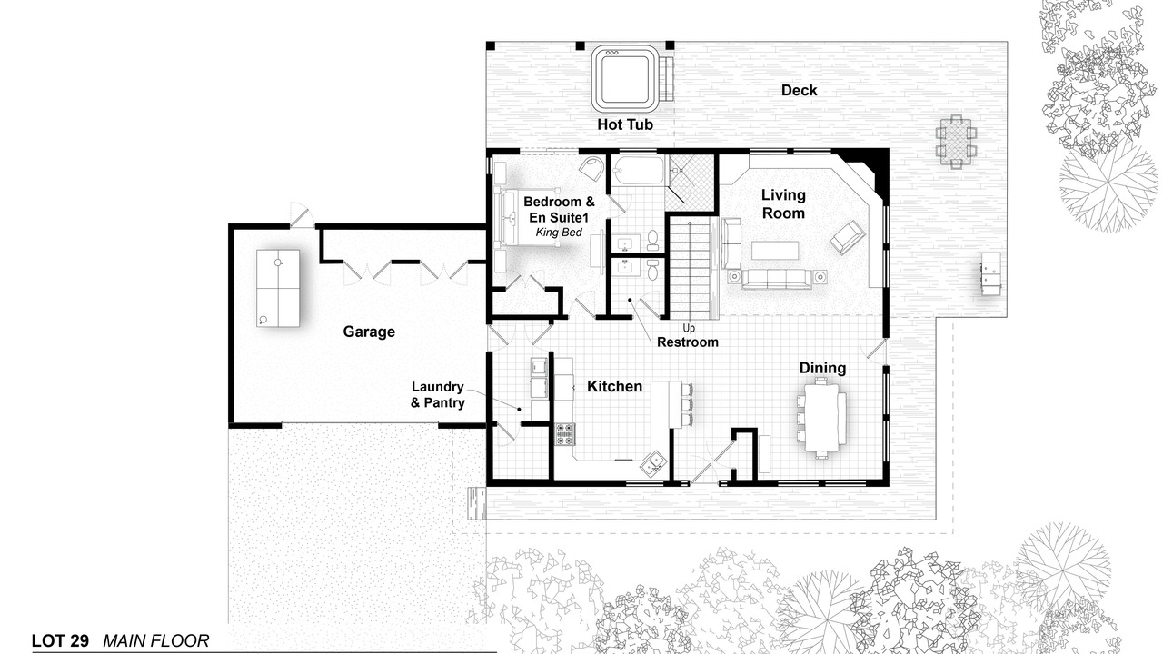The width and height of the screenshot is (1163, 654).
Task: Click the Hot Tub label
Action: tap(624, 124)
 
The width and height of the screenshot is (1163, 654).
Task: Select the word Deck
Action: tap(799, 90)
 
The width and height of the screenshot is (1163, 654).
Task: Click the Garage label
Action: tap(369, 332)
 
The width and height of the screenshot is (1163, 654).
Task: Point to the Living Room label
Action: tap(783, 204)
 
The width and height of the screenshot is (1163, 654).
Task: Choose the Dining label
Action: tap(822, 368)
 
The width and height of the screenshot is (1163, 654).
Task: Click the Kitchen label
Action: tap(615, 386)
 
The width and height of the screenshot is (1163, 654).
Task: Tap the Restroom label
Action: tap(688, 342)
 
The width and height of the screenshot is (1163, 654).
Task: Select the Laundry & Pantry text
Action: tap(438, 394)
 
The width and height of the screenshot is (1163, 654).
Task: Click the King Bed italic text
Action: tap(559, 232)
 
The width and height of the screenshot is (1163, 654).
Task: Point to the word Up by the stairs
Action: tap(689, 328)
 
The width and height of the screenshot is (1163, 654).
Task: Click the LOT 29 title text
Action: tap(60, 641)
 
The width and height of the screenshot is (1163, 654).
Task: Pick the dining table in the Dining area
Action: tap(821, 418)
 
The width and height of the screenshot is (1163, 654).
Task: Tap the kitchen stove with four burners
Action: tap(565, 434)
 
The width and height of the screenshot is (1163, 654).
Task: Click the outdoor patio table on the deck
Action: tap(956, 142)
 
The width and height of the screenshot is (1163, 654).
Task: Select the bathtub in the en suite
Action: tap(638, 170)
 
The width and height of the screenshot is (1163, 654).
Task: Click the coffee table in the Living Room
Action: tap(775, 250)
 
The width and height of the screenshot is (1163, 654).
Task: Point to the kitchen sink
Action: tap(651, 464)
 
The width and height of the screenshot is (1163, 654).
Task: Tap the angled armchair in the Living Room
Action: tap(848, 237)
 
